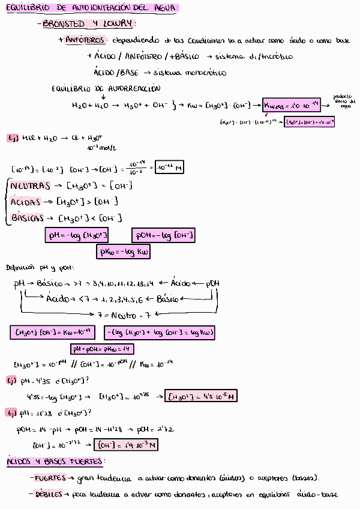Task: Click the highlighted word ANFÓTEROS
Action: click(x=86, y=40)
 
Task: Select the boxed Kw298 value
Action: click(x=290, y=106)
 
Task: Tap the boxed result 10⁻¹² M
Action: click(x=169, y=167)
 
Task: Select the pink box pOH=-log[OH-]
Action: click(x=164, y=236)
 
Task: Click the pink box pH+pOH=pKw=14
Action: click(x=103, y=349)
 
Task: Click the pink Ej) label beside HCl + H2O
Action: click(x=12, y=138)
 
